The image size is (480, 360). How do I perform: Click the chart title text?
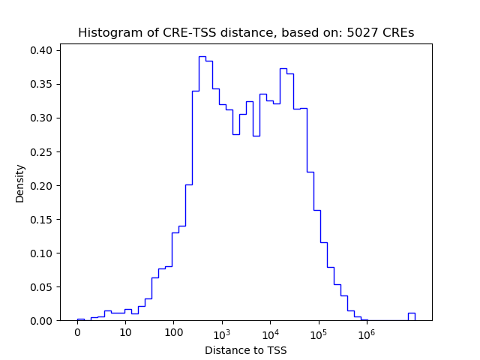[x=246, y=33]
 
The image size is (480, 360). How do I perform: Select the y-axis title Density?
[x=20, y=183]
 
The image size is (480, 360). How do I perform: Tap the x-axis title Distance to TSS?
[x=246, y=350]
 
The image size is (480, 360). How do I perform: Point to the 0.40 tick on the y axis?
[x=41, y=50]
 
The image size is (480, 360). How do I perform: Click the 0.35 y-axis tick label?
[x=41, y=84]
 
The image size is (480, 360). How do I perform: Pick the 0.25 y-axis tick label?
[x=41, y=151]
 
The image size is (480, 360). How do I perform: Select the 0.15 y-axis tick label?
[x=41, y=219]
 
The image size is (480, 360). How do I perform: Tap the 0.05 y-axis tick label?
[x=41, y=286]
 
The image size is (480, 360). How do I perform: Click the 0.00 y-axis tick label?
[x=41, y=320]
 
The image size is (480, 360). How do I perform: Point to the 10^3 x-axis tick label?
[x=222, y=332]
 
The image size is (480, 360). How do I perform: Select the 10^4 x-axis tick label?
[x=270, y=332]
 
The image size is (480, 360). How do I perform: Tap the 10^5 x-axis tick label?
[x=318, y=332]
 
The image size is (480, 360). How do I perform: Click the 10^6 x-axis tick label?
[x=366, y=332]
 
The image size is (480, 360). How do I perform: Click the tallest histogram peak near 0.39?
[x=202, y=57]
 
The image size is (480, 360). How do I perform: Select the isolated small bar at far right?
[x=411, y=316]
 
